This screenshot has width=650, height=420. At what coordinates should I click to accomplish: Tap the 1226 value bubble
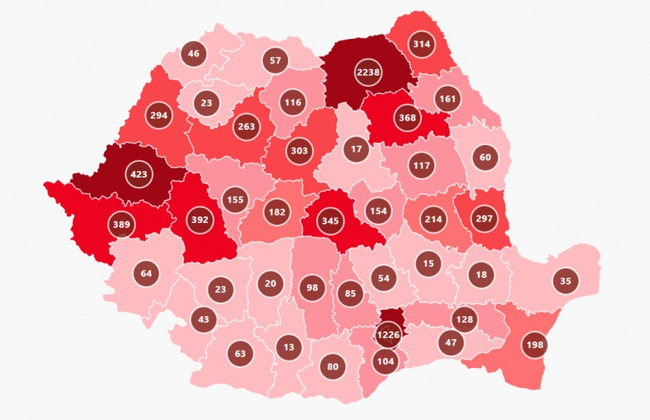click(388, 335)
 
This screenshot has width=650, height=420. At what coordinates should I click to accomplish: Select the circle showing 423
click(139, 174)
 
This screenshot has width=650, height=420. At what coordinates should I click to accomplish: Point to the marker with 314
click(422, 44)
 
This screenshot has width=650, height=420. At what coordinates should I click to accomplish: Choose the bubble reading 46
click(193, 54)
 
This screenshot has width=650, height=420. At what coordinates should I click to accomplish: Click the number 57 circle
click(276, 61)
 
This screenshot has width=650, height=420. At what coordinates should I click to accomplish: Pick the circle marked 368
click(407, 118)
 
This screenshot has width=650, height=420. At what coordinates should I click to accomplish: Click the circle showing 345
click(330, 221)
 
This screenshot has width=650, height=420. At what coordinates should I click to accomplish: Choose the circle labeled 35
click(565, 281)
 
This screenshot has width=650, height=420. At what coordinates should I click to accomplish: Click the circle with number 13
click(289, 347)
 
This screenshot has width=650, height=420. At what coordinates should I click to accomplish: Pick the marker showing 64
click(146, 273)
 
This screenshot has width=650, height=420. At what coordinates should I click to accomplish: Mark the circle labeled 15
click(428, 264)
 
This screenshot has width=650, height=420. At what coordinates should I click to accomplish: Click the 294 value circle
click(159, 115)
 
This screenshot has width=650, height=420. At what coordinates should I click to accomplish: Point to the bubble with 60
click(485, 157)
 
